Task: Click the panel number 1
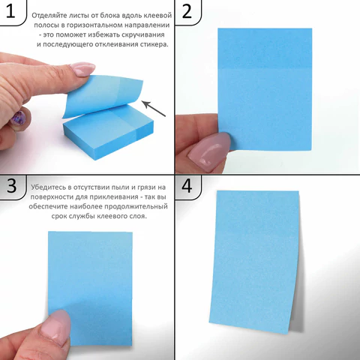click(10, 11)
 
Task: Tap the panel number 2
click(187, 11)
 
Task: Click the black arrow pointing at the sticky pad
click(154, 109)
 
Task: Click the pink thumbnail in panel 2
click(209, 149)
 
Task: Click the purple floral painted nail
click(18, 118)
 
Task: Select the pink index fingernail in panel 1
click(82, 68)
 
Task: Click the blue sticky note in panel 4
click(254, 262)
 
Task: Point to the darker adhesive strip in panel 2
click(265, 48)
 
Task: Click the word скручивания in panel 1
click(143, 34)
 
